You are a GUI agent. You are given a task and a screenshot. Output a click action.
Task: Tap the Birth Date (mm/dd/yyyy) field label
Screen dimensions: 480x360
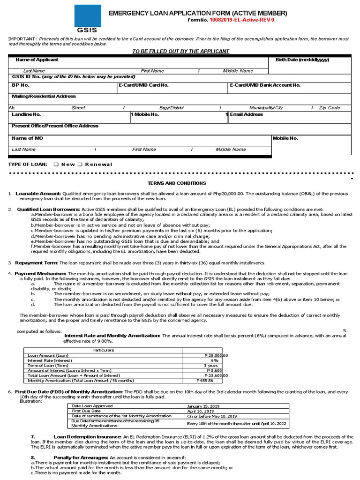tap(299, 60)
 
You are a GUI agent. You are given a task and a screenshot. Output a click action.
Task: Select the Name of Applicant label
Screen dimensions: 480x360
tap(37, 60)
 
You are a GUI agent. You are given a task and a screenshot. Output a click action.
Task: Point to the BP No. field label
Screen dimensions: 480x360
tap(21, 85)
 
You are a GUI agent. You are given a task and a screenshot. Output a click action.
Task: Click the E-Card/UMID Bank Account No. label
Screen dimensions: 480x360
tap(265, 85)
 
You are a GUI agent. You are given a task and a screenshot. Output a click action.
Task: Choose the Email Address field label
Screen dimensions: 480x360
tap(247, 114)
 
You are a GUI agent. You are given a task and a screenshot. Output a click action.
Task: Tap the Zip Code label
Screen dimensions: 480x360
tap(330, 108)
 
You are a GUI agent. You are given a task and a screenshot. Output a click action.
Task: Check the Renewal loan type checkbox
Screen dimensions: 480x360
tap(80, 165)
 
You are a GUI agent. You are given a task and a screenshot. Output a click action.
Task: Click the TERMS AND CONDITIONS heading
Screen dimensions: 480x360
tap(177, 183)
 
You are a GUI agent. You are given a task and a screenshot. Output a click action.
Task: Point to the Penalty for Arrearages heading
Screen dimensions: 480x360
tap(81, 457)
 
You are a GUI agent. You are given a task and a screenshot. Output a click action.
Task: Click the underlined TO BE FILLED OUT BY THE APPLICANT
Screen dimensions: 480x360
tap(181, 51)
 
